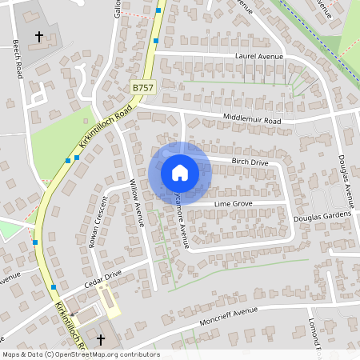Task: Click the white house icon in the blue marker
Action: [179, 173]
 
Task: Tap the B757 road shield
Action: [143, 86]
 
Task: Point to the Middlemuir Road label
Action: [252, 120]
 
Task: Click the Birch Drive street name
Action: [250, 162]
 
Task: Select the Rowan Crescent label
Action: [97, 222]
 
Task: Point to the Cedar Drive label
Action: [102, 278]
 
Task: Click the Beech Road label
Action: [18, 58]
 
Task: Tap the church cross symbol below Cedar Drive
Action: [101, 341]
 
